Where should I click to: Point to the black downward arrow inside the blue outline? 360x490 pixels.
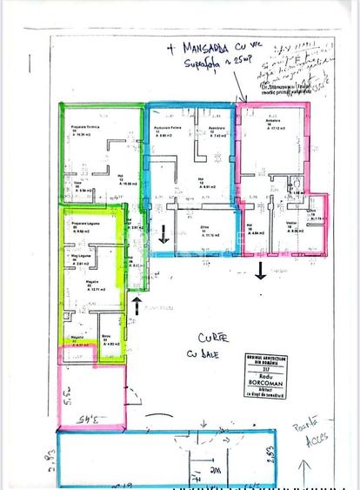(x=166, y=232)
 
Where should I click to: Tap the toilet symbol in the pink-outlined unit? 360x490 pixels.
(x=295, y=183)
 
